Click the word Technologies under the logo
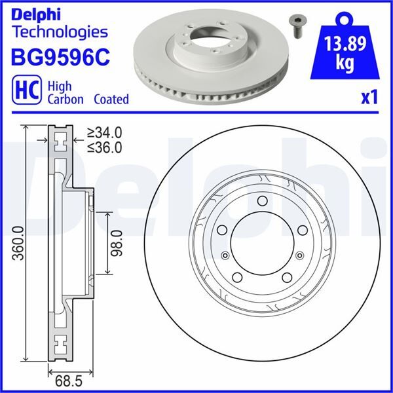click(60, 31)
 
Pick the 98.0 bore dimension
click(117, 243)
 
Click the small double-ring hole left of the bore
click(226, 256)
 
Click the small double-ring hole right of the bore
click(300, 256)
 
